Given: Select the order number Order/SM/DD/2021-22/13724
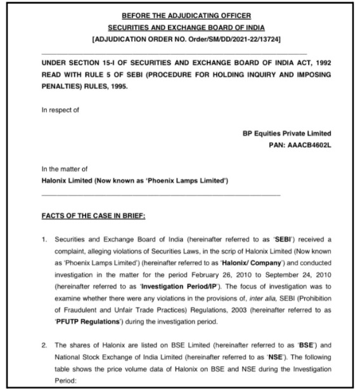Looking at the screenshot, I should pos(230,39).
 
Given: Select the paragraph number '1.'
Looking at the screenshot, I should pos(45,243).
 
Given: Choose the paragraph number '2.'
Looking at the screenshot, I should pos(45,343).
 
